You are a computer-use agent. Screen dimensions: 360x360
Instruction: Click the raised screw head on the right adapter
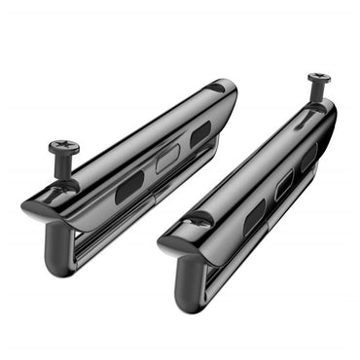coord(317,77)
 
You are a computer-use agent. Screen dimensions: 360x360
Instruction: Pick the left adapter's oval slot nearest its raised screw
coord(129,188)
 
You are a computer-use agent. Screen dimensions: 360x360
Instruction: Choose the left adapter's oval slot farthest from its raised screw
coord(200,135)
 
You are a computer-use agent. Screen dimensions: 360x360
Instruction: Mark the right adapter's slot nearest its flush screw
coord(254,216)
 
